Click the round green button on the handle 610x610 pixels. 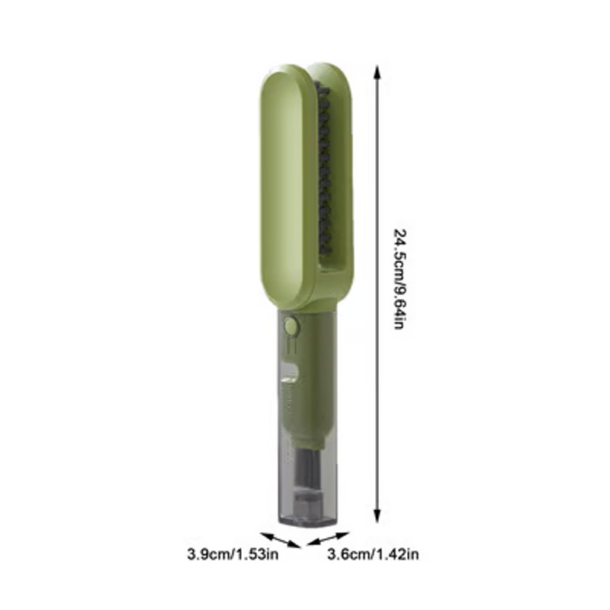[291, 325]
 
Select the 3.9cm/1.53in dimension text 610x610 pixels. [233, 554]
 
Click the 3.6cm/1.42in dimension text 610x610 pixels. [373, 554]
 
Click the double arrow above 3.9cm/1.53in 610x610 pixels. [281, 540]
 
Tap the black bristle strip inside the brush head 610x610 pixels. [325, 168]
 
